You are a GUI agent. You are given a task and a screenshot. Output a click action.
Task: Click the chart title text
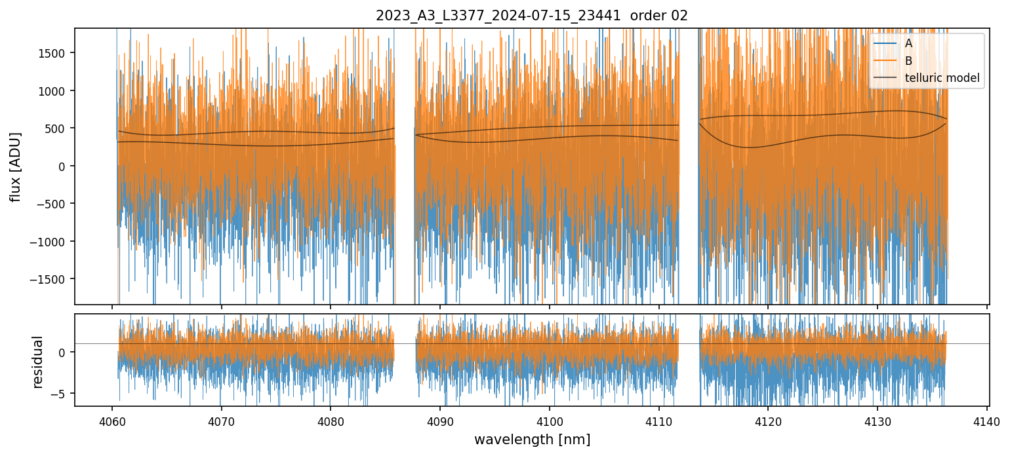531,16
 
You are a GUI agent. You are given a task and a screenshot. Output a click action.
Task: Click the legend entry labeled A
908,43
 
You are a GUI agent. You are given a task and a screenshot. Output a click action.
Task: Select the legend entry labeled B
908,61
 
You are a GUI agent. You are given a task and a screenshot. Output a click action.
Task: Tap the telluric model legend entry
942,79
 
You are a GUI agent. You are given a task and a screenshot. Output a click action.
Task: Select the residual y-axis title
37,362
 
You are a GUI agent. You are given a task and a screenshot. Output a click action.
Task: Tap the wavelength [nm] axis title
532,439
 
